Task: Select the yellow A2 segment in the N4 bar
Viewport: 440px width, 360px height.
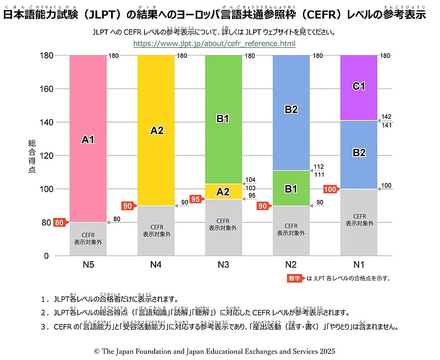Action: click(x=156, y=130)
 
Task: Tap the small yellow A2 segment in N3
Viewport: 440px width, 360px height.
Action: click(x=223, y=191)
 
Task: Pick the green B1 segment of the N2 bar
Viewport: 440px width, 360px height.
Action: click(x=291, y=189)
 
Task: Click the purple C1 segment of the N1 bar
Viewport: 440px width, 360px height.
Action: click(x=359, y=87)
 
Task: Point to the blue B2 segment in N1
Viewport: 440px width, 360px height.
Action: click(x=359, y=153)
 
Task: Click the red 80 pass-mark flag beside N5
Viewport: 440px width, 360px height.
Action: click(x=59, y=223)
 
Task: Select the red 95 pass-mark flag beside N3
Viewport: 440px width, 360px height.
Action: click(x=195, y=198)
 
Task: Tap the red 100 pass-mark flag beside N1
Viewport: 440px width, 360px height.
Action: click(x=330, y=190)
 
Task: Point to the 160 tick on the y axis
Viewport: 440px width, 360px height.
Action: click(x=47, y=88)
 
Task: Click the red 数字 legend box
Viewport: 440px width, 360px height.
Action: click(x=295, y=278)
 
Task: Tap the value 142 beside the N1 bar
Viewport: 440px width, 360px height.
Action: click(x=387, y=116)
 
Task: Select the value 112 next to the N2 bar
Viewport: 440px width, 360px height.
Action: click(x=319, y=167)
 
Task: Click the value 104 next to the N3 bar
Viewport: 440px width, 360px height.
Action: click(x=251, y=180)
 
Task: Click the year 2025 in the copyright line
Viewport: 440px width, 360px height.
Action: click(x=326, y=350)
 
